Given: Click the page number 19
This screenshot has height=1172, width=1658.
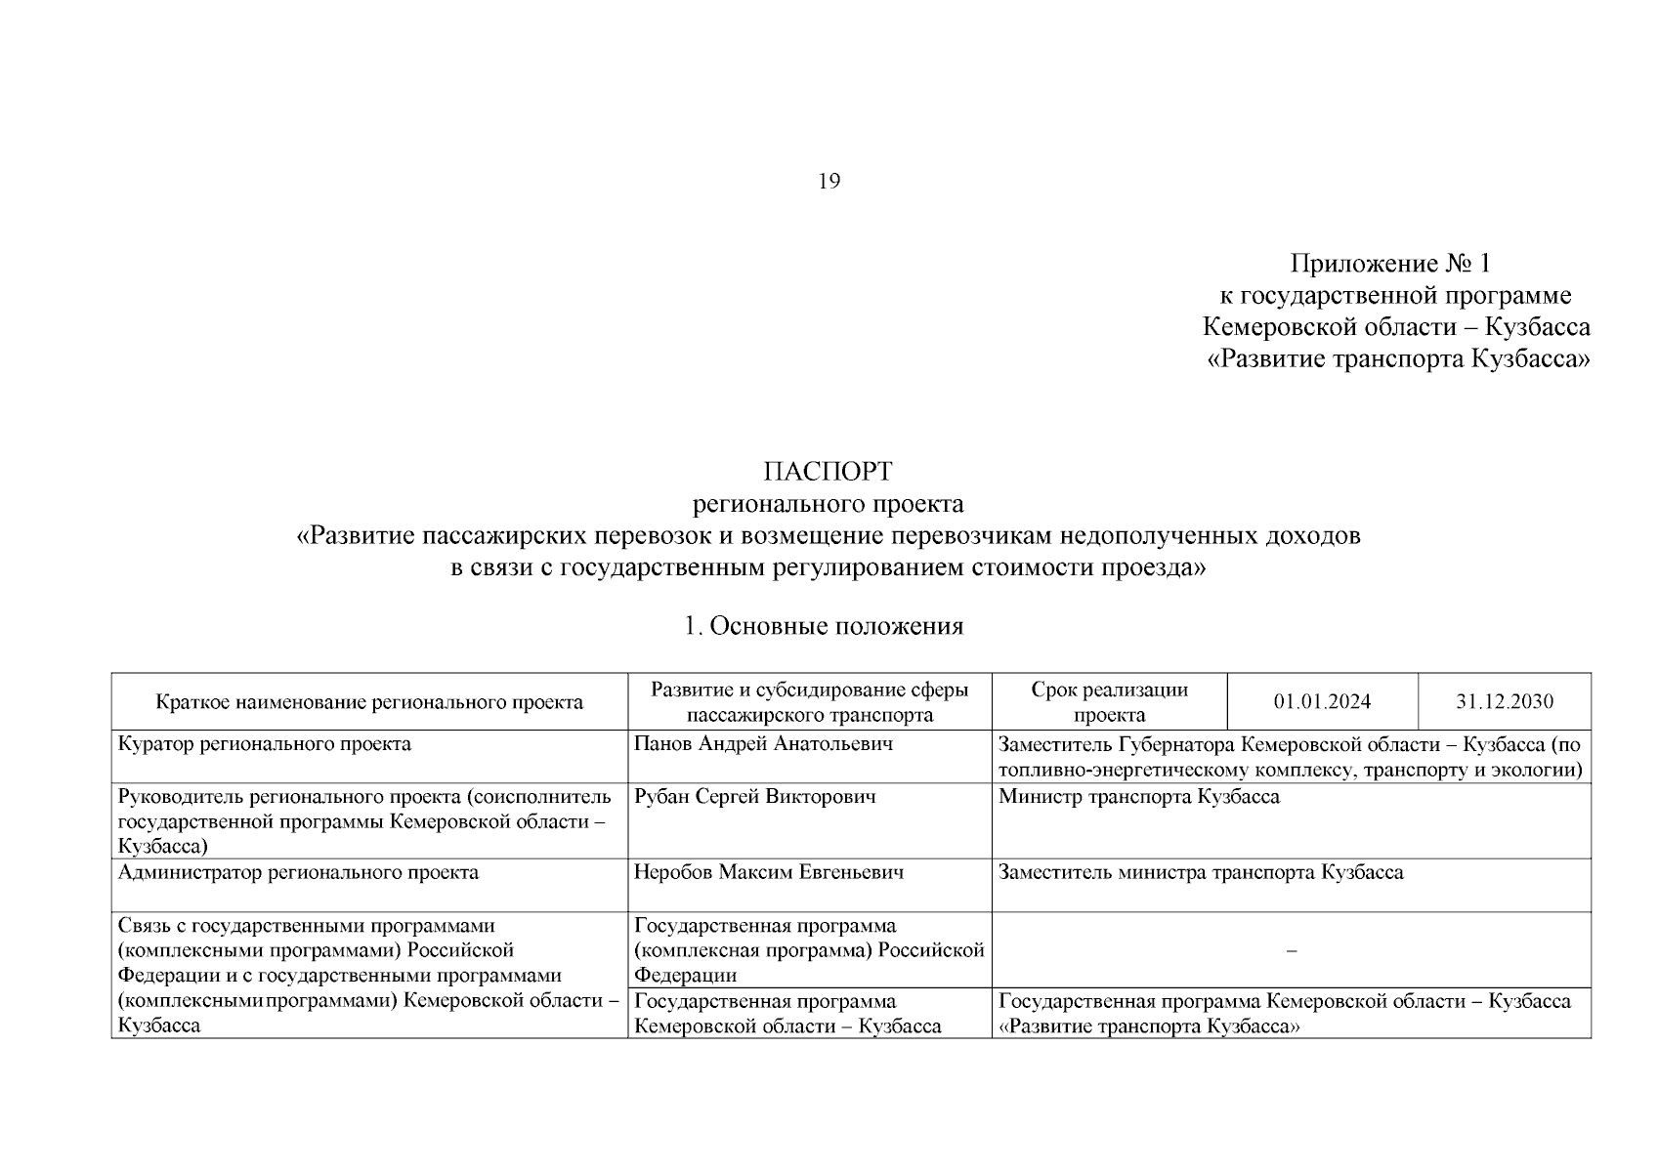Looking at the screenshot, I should click(829, 182).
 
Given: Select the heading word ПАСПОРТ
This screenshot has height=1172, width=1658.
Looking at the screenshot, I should click(828, 472).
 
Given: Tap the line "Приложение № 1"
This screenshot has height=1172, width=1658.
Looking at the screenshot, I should click(1391, 264).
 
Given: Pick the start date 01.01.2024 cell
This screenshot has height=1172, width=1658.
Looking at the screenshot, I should click(1322, 702).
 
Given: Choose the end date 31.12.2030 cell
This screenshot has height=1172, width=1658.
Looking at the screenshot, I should click(1505, 702).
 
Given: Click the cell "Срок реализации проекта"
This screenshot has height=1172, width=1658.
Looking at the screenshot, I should click(1109, 702).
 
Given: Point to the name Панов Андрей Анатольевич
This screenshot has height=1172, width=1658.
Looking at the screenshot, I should click(763, 744).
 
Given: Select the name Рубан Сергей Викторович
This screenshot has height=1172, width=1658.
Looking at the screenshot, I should click(755, 797).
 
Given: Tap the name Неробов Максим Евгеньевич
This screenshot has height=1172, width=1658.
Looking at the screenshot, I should click(768, 872).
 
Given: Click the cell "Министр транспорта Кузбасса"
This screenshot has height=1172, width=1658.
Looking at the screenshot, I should click(1138, 797).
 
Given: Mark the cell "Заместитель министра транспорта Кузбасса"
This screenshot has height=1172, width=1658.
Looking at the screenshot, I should click(1201, 872).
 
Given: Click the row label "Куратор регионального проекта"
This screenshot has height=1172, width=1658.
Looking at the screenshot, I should click(264, 744).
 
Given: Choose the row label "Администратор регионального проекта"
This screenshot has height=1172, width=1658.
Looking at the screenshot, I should click(298, 872).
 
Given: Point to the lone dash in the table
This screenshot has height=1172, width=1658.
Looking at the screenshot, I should click(1292, 950).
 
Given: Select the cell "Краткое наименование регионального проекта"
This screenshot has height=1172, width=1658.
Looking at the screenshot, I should click(369, 702).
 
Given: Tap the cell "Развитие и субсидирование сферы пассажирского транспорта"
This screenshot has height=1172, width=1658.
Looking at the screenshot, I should click(809, 702).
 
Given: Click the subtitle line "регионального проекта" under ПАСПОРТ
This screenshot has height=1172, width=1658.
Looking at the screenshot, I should click(828, 504).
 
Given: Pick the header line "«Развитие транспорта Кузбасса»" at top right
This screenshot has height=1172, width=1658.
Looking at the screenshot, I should click(1399, 359).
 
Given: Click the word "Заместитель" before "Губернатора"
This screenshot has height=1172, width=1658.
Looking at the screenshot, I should click(1053, 744).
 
